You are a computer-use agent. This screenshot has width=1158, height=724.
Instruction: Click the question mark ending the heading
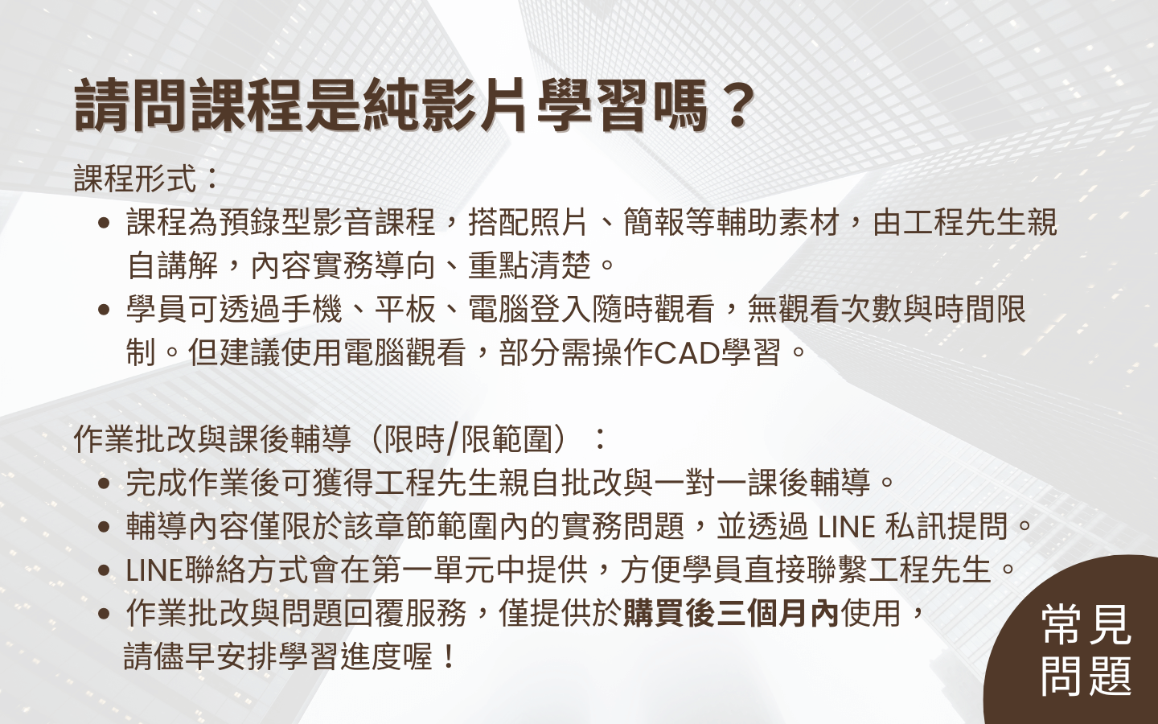pos(735,106)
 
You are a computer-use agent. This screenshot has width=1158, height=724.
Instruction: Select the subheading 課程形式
pos(134,179)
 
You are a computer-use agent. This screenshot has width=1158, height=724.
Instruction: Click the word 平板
pos(405,309)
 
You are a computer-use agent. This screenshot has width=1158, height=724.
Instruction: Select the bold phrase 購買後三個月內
pos(730,613)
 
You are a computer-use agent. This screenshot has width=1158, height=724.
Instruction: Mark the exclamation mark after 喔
pos(448,656)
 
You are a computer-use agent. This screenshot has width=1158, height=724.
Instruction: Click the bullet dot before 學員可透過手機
pos(103,310)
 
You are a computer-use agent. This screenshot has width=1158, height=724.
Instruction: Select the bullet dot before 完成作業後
pos(103,483)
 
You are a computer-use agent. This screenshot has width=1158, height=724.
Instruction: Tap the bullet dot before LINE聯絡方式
pos(103,570)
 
